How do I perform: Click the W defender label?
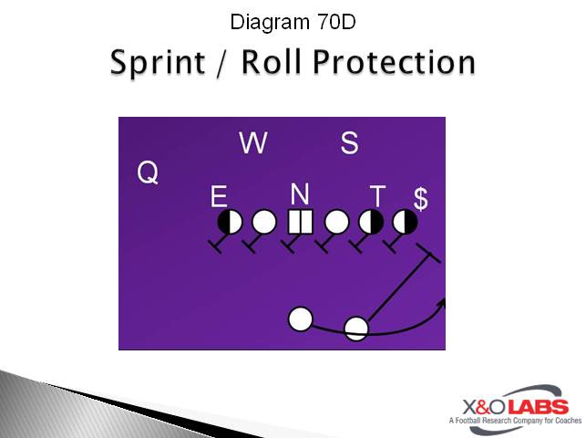click(252, 142)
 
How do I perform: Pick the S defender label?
click(349, 142)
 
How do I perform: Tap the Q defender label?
click(148, 172)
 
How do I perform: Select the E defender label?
click(219, 196)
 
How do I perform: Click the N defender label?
click(301, 193)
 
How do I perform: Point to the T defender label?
click(377, 196)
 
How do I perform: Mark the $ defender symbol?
click(420, 198)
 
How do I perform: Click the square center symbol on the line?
click(301, 222)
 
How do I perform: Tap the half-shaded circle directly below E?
click(230, 222)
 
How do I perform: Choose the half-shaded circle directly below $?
click(405, 222)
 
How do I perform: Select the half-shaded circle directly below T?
click(371, 222)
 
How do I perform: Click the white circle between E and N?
click(264, 222)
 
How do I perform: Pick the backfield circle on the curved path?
click(356, 328)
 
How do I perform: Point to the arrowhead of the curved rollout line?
click(441, 302)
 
